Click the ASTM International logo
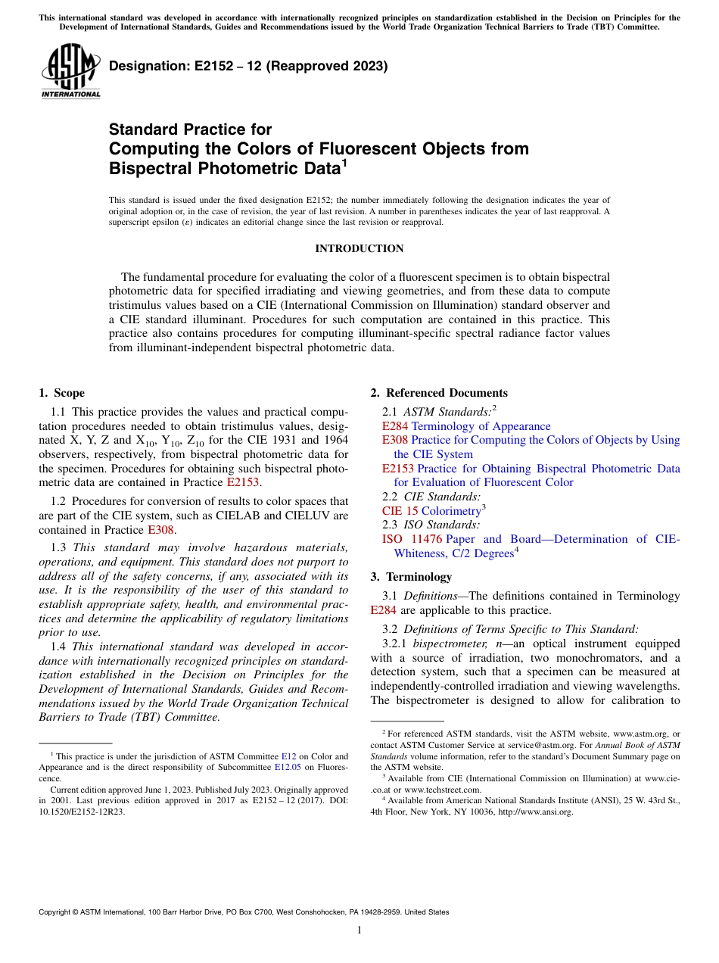(x=70, y=71)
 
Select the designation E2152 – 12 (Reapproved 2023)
(x=248, y=66)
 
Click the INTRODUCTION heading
(x=359, y=248)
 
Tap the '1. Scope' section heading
(x=62, y=392)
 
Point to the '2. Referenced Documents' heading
(x=439, y=392)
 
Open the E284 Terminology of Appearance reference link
(x=466, y=426)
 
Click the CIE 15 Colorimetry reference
(x=431, y=511)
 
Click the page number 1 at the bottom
(x=359, y=930)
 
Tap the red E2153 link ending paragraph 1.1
(x=243, y=481)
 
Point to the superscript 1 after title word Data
(x=344, y=162)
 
